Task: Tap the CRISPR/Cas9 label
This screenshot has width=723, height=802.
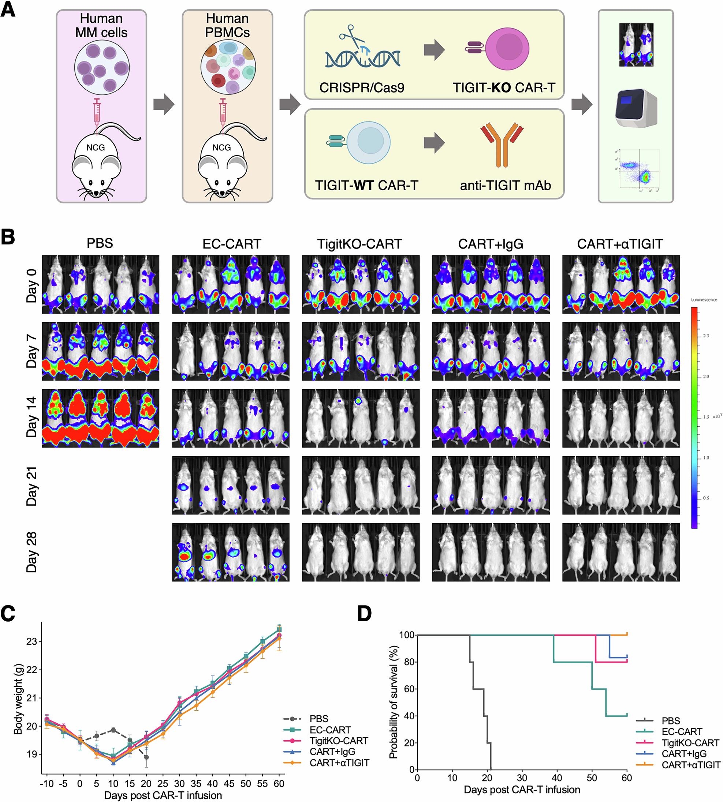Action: click(362, 87)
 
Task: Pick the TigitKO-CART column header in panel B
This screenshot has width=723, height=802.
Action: click(359, 244)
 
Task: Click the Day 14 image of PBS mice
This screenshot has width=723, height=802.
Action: click(101, 419)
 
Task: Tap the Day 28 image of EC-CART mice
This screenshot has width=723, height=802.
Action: click(230, 552)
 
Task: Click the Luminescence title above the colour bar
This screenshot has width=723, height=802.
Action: click(704, 300)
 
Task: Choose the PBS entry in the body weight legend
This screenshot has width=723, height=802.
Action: click(318, 719)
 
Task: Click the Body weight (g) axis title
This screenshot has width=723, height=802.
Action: click(18, 699)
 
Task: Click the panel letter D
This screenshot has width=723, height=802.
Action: click(364, 614)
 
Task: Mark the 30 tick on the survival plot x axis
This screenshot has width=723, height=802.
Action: click(522, 778)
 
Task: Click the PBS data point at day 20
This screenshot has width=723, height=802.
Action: click(146, 757)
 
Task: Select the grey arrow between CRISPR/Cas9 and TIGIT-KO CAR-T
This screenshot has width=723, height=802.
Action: click(434, 50)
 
